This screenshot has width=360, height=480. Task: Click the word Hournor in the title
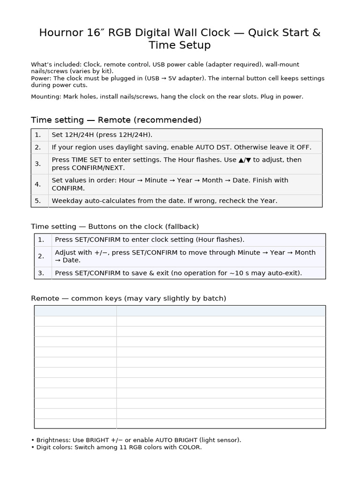click(x=58, y=33)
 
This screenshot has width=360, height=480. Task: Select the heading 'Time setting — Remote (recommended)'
click(x=116, y=120)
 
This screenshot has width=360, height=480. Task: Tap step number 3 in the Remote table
click(x=38, y=164)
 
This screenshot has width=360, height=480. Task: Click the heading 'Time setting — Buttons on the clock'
click(x=115, y=227)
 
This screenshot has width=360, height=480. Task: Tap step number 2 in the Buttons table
click(x=41, y=256)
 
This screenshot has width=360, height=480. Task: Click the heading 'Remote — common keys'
click(x=128, y=299)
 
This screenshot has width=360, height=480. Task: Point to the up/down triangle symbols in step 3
click(x=245, y=160)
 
